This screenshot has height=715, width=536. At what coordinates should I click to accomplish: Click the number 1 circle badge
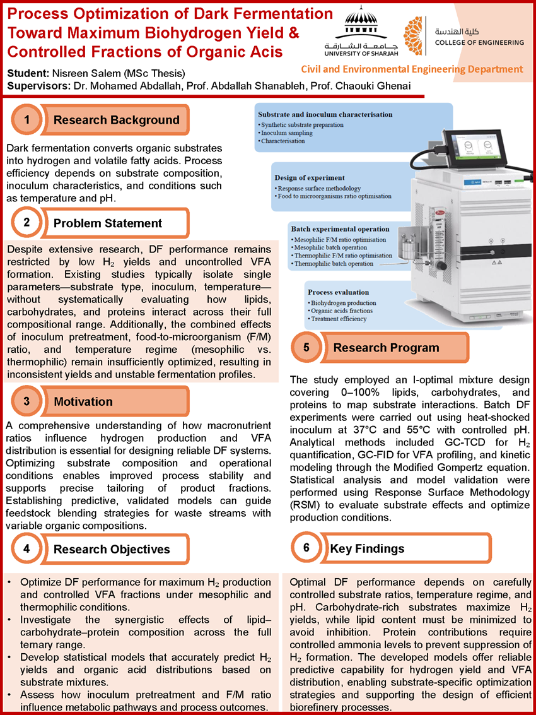tap(26, 120)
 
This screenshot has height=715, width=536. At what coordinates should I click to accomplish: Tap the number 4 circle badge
tap(26, 549)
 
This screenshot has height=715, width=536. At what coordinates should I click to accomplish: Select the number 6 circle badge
tap(306, 548)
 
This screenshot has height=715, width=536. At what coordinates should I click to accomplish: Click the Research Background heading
tap(116, 120)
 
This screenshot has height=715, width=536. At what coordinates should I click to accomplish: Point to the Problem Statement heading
tap(107, 223)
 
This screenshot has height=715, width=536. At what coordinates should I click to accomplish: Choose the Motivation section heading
tap(83, 401)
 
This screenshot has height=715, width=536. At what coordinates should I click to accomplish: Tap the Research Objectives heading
tap(112, 549)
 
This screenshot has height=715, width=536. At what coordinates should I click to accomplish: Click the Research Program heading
tap(386, 347)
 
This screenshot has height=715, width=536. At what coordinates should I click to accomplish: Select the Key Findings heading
tap(367, 548)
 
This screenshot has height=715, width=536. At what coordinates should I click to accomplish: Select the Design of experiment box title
tap(309, 177)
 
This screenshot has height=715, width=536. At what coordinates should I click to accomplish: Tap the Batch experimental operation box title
tap(339, 228)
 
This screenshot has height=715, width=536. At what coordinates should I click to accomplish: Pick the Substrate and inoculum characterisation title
tap(325, 114)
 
